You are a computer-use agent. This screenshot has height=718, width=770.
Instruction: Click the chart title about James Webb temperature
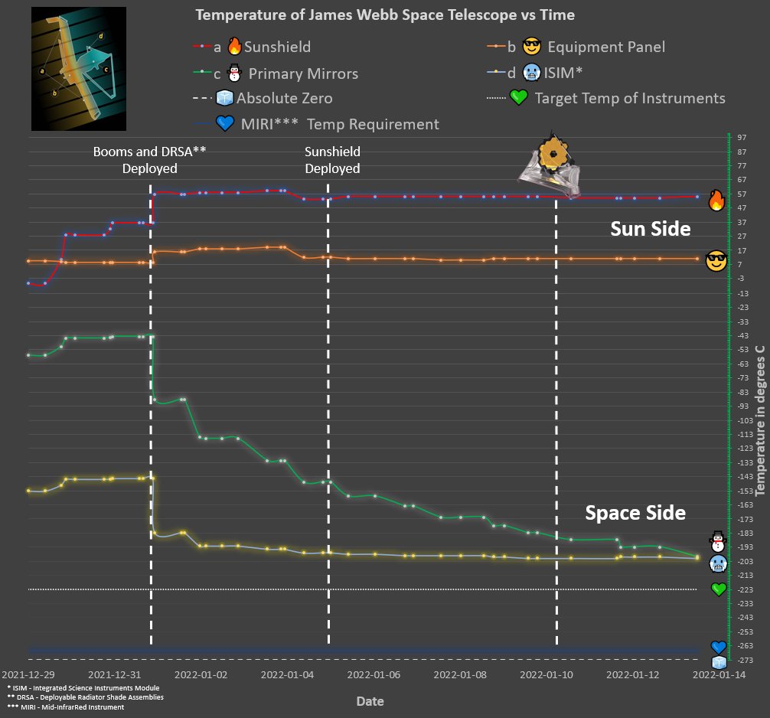point(385,15)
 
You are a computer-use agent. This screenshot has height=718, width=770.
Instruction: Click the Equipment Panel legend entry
point(586,47)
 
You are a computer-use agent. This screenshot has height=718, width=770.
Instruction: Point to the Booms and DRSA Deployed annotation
point(150,160)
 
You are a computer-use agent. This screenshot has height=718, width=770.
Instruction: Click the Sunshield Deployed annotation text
point(332,160)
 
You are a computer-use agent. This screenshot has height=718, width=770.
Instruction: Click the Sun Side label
point(650,229)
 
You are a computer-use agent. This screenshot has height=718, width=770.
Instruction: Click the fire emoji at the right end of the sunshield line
point(716,201)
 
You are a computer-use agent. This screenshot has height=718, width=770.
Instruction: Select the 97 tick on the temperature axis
point(741,137)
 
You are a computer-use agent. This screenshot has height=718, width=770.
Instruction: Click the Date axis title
point(370,701)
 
